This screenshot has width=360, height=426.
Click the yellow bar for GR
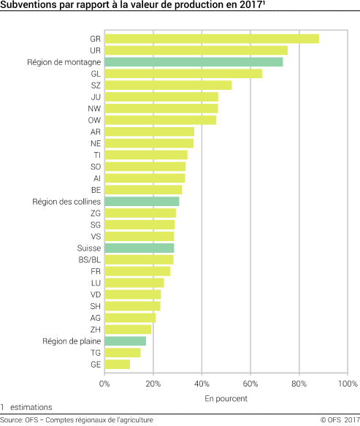tap(212, 39)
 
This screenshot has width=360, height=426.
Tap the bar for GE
tap(117, 364)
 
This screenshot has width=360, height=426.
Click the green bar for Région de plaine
tap(125, 341)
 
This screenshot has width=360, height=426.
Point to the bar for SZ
tap(168, 85)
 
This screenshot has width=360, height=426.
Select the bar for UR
tap(196, 50)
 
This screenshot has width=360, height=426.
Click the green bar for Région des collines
tap(142, 201)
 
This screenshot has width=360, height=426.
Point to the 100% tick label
tap(348, 384)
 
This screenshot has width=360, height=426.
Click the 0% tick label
tap(104, 384)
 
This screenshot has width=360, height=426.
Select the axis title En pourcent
tap(226, 398)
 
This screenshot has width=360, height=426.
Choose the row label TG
tap(96, 352)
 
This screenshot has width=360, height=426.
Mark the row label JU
tap(96, 96)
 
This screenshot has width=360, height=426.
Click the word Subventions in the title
tap(26, 6)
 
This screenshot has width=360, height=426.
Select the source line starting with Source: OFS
tap(77, 419)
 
